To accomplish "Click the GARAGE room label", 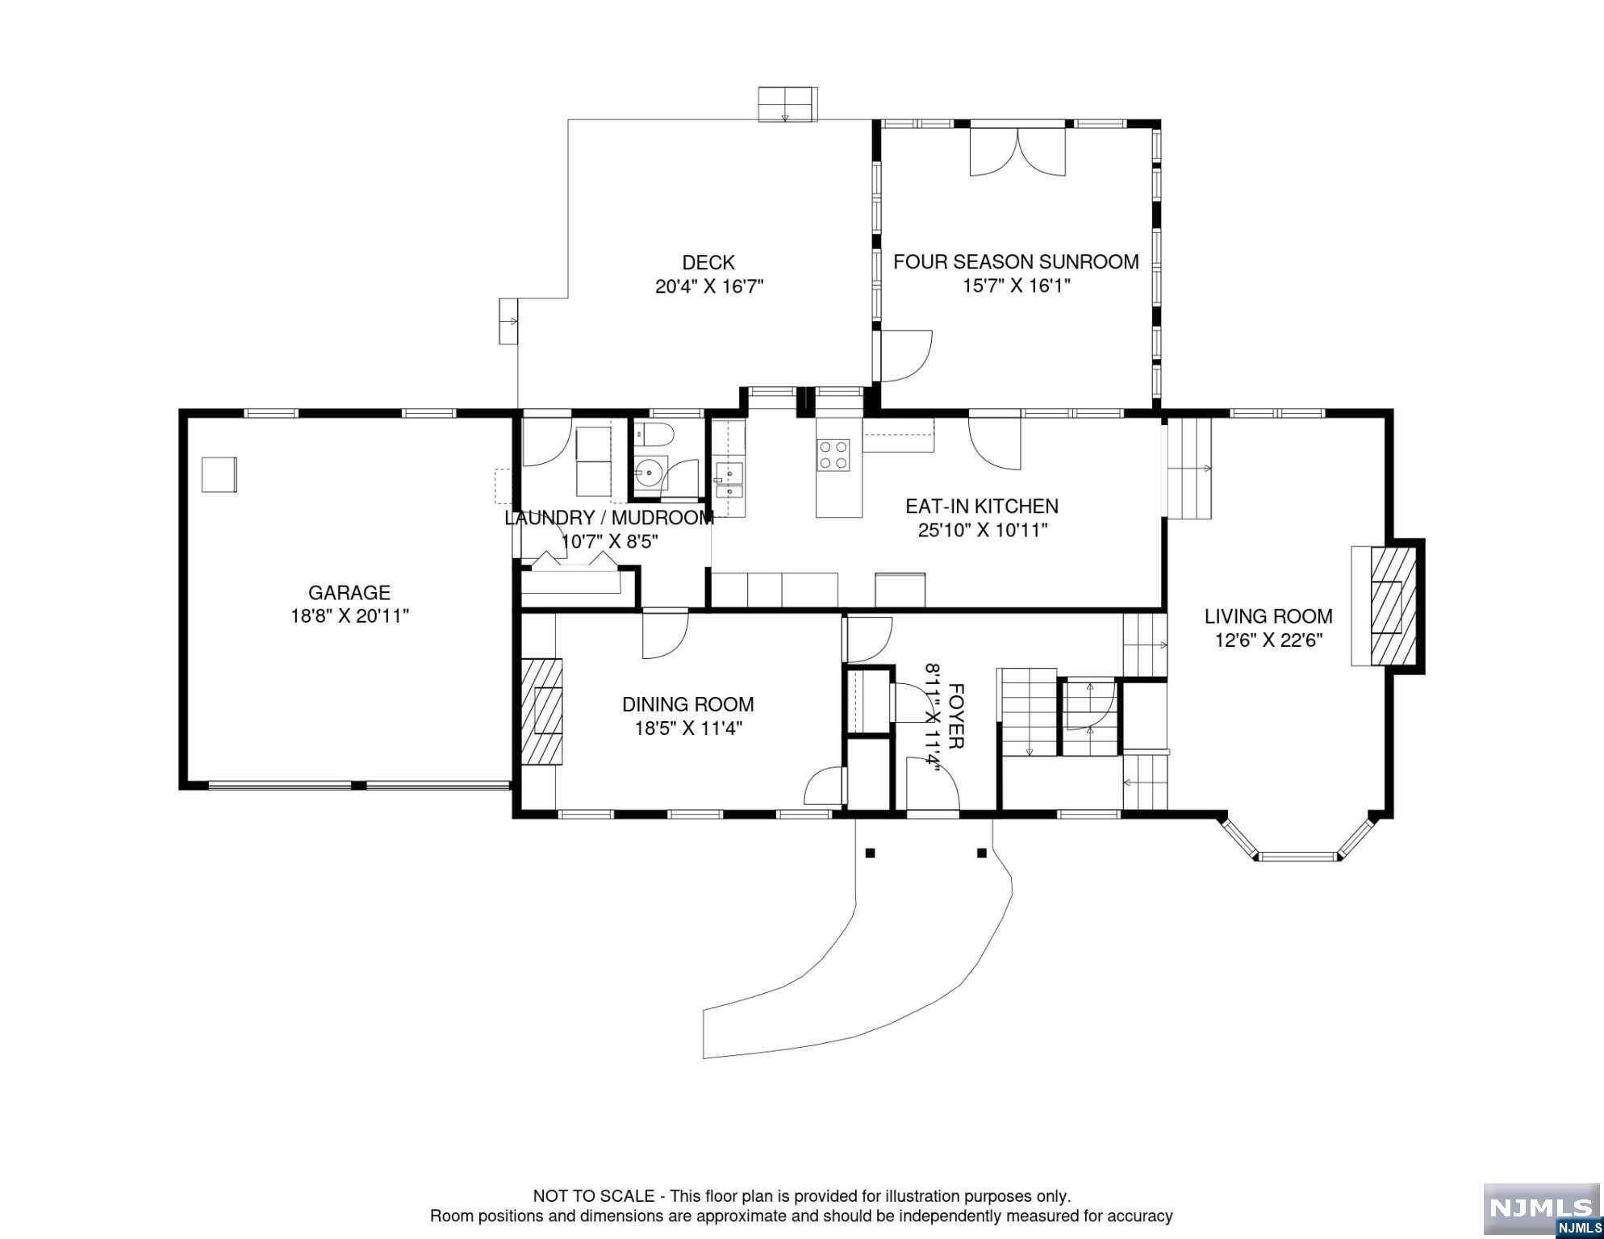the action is coord(349,593).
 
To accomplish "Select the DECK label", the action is coord(708,263).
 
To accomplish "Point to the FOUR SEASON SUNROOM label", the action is coord(1016,262).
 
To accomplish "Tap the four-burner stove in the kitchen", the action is coord(833,454).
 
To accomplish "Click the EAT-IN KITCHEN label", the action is coord(982,507).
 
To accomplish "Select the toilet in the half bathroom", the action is coord(654,436).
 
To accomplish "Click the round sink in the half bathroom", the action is coord(649,470).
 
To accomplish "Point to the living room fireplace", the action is coord(1385,606).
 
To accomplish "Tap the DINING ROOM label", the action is coord(688,705).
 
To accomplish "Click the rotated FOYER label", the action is coord(956,716).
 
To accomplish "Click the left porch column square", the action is coord(870,853).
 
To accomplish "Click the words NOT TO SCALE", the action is coord(594,1196).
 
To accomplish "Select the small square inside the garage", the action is coord(219,474).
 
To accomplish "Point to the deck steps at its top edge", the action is coord(787,104).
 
